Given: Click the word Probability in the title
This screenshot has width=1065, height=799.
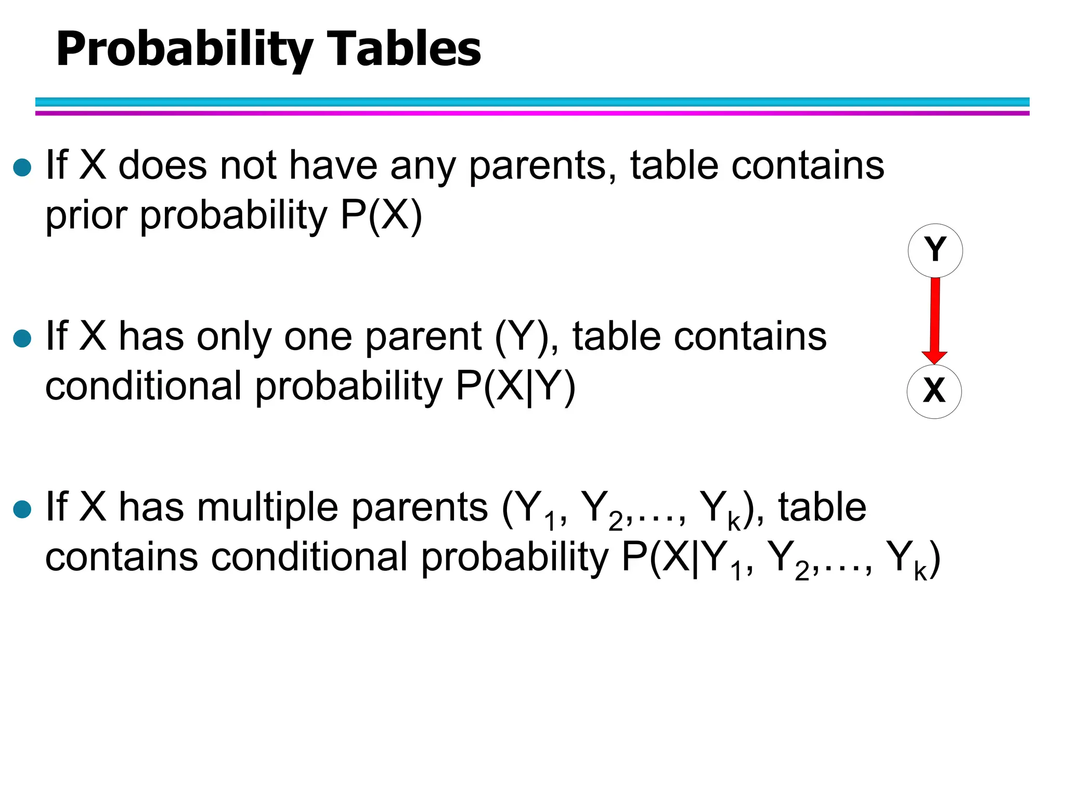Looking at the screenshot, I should click(184, 49).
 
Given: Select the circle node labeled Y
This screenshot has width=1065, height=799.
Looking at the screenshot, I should click(935, 251).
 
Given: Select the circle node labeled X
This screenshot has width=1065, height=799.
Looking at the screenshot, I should click(934, 391).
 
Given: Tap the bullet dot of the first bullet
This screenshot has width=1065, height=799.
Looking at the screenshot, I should click(22, 168).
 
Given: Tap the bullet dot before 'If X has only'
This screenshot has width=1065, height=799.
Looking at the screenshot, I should click(22, 339).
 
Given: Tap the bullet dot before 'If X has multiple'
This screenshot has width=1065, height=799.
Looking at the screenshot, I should click(22, 509).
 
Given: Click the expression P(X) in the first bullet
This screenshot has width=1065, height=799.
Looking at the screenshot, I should click(381, 215).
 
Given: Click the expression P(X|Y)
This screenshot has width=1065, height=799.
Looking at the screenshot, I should click(515, 386).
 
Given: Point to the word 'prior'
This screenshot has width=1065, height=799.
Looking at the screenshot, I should click(86, 215).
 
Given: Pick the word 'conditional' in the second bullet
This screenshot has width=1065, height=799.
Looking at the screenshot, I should click(144, 386).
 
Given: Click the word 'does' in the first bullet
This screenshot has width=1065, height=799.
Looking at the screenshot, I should click(163, 165).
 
